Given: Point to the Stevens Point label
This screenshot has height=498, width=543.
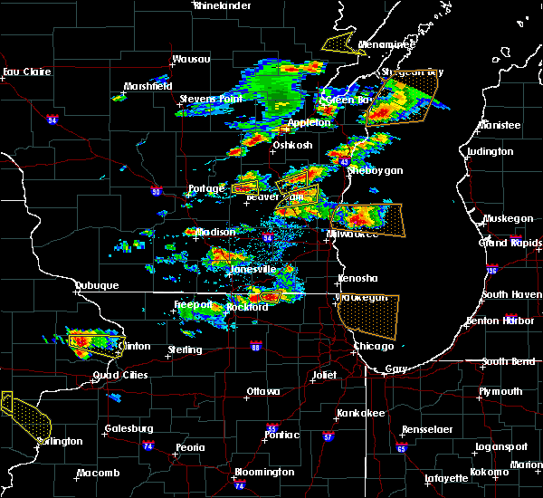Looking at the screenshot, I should coord(208,99).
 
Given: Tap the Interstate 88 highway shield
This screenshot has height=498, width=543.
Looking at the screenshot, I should coord(255,345).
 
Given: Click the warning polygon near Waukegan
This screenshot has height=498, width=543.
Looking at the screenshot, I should coord(367,316).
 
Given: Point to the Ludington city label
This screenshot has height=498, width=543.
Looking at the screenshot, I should coord(491,152).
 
